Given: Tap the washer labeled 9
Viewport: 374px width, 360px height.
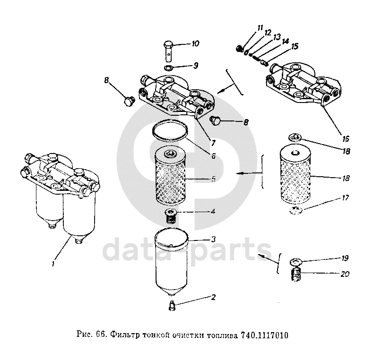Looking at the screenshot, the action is click(169, 68).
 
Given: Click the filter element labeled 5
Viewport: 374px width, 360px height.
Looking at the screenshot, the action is click(170, 177).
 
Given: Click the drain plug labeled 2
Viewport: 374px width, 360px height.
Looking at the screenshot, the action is click(172, 306).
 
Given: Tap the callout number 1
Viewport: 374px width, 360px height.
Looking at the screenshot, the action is click(53, 264).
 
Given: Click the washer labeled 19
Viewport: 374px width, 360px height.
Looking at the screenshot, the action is click(296, 262).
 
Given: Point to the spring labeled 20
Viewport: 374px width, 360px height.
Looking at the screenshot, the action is click(296, 274).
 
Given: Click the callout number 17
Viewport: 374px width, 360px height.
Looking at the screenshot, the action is click(346, 197).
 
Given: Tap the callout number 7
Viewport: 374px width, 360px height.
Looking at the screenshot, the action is click(213, 143).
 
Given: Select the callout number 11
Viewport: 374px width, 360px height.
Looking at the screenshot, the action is click(260, 28).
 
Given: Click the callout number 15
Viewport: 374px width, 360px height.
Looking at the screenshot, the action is click(295, 46).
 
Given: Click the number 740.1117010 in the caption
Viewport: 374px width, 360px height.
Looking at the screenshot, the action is click(265, 335).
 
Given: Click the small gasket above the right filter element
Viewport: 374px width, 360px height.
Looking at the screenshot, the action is click(296, 137).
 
